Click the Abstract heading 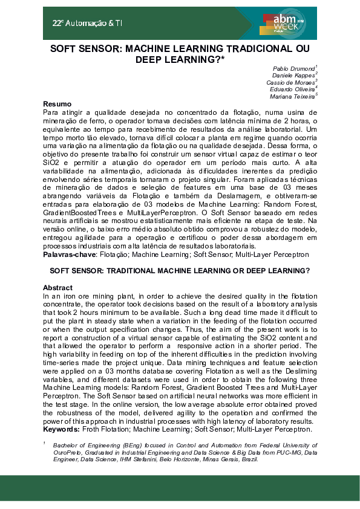(x=58, y=288)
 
